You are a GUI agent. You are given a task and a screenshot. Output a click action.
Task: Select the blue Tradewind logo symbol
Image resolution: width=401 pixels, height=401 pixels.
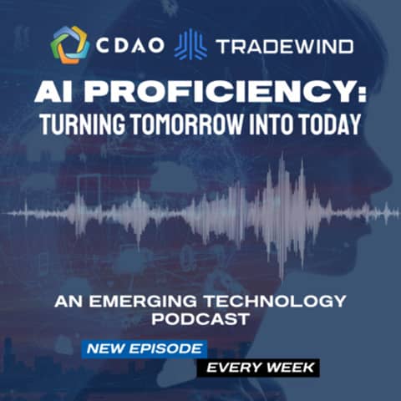(x=190, y=44)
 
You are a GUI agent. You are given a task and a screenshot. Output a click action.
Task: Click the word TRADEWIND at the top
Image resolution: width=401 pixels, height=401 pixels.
(x=284, y=45)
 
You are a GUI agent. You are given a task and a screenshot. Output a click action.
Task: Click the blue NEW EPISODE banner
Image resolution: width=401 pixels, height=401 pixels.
(x=143, y=348)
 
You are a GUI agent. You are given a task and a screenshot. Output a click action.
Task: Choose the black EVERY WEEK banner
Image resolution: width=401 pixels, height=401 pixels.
(x=257, y=367)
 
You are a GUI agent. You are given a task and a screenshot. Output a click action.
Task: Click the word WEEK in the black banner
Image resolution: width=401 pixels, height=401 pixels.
(x=290, y=367)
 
